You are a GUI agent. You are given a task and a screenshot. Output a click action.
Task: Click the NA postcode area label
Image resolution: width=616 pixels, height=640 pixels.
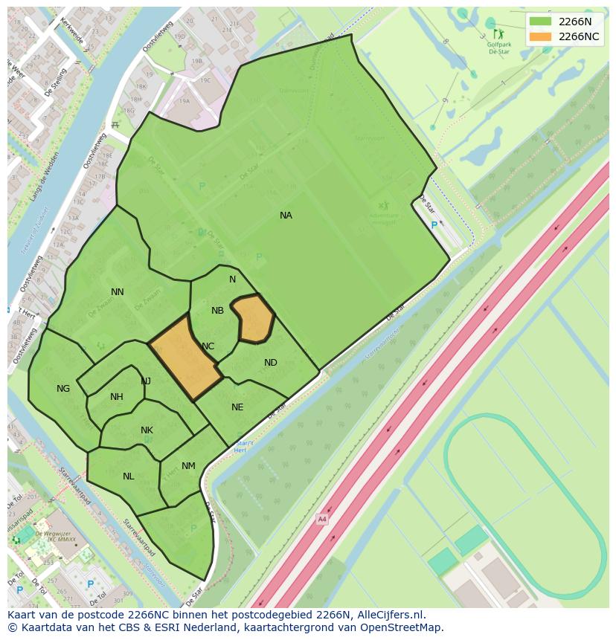[286, 216]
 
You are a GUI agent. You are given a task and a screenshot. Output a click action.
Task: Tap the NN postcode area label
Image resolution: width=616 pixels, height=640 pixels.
[118, 292]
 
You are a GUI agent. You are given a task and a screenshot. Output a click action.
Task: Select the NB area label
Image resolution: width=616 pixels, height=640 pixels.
[217, 311]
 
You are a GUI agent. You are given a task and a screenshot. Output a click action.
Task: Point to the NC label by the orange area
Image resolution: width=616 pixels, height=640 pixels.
[208, 346]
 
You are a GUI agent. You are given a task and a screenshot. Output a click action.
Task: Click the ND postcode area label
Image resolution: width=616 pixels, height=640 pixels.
[271, 363]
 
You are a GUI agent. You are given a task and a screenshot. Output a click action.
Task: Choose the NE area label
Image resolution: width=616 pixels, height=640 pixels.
[237, 407]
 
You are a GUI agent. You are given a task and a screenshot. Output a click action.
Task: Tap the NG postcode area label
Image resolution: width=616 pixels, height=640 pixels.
[63, 389]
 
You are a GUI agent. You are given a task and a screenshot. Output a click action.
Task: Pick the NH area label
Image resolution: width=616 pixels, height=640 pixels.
[117, 397]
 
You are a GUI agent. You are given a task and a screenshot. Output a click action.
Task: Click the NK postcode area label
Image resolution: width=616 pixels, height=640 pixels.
[147, 430]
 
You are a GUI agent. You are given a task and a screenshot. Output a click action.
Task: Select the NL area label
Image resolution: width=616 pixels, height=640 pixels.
[129, 476]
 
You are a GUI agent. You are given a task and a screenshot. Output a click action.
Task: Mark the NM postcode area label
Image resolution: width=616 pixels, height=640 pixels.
[188, 466]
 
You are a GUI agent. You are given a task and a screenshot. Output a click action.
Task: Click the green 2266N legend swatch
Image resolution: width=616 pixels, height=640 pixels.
[540, 22]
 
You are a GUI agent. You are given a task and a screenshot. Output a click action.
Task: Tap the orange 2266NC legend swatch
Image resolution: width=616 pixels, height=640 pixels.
[540, 36]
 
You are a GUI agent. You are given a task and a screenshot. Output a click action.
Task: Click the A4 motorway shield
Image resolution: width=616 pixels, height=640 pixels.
[321, 519]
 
